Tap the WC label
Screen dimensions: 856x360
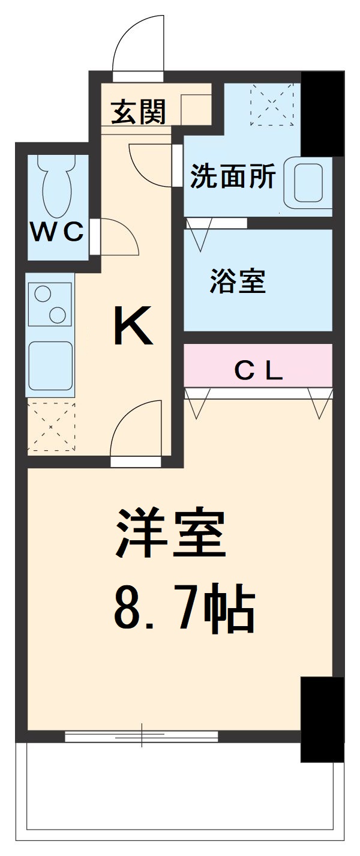[x=57, y=232]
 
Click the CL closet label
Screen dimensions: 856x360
[x=258, y=372]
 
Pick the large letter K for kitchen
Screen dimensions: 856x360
[x=133, y=327]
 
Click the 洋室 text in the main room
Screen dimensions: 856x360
[x=171, y=534]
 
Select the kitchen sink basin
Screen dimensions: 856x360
[x=51, y=368]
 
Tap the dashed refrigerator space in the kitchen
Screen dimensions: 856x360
[x=51, y=426]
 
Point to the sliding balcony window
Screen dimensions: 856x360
[x=142, y=735]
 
